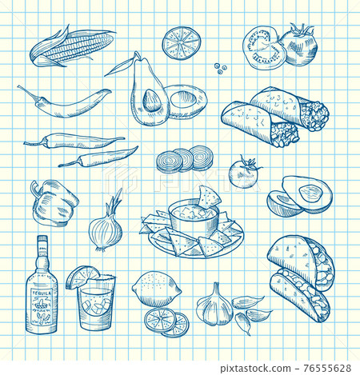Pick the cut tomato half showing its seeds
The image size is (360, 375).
(264, 50)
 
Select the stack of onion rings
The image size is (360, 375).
(185, 160)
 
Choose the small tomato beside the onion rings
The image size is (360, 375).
(243, 173)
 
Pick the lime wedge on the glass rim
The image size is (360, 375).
(82, 276)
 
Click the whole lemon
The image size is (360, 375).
(156, 287)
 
